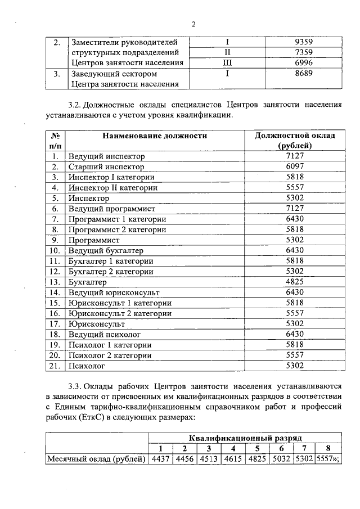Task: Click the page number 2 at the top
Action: (193, 24)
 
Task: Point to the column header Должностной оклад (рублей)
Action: (295, 141)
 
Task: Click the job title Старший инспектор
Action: (106, 167)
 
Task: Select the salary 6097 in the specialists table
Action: (295, 167)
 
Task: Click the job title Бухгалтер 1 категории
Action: (112, 261)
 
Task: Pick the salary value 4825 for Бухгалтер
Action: (295, 282)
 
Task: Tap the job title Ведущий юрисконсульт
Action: (114, 292)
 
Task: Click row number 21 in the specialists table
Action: (55, 366)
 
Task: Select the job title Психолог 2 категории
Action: (110, 355)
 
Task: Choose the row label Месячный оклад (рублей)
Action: (96, 459)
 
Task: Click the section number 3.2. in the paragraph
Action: (75, 105)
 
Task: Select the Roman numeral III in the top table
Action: (228, 63)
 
